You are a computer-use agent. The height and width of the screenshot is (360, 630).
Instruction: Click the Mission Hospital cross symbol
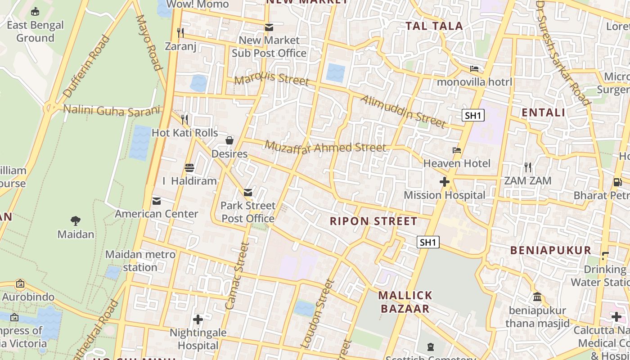(445, 182)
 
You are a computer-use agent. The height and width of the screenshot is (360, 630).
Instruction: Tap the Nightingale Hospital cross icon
(198, 319)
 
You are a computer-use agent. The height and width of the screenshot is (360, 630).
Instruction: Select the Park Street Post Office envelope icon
(248, 193)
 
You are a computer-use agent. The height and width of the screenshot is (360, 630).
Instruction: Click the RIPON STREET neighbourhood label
(373, 221)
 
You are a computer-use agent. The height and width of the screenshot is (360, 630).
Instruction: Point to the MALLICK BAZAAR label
(405, 302)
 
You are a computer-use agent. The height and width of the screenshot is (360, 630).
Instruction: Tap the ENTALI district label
(543, 112)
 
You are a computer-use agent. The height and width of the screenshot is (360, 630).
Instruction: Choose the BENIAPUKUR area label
(550, 250)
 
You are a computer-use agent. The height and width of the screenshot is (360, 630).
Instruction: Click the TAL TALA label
(434, 26)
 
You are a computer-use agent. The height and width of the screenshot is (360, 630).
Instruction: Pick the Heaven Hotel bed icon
(457, 150)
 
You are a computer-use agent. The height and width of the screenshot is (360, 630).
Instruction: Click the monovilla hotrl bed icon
(474, 69)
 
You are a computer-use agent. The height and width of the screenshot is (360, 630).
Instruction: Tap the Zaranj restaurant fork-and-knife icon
(180, 32)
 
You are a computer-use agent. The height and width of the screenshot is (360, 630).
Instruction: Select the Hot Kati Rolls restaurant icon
(184, 119)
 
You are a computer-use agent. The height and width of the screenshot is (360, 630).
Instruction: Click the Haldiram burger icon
(189, 168)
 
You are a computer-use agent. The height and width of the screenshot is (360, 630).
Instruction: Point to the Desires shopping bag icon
(229, 140)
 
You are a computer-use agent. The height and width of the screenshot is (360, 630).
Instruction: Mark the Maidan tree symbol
(76, 221)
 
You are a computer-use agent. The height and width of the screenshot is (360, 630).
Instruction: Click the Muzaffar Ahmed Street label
(325, 147)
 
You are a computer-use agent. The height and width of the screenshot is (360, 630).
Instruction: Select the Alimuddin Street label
(403, 111)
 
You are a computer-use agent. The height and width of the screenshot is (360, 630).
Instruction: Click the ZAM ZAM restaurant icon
(528, 167)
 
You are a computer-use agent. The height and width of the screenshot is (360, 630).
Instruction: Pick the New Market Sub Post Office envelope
(269, 27)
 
